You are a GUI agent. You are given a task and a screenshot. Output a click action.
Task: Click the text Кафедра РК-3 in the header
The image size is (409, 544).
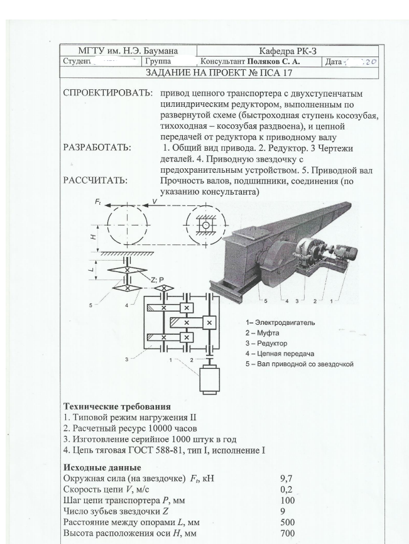pyautogui.click(x=288, y=50)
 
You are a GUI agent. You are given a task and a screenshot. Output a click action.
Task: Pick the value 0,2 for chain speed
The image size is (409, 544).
pyautogui.click(x=287, y=490)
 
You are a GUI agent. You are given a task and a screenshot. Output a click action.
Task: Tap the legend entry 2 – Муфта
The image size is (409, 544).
pyautogui.click(x=269, y=333)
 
